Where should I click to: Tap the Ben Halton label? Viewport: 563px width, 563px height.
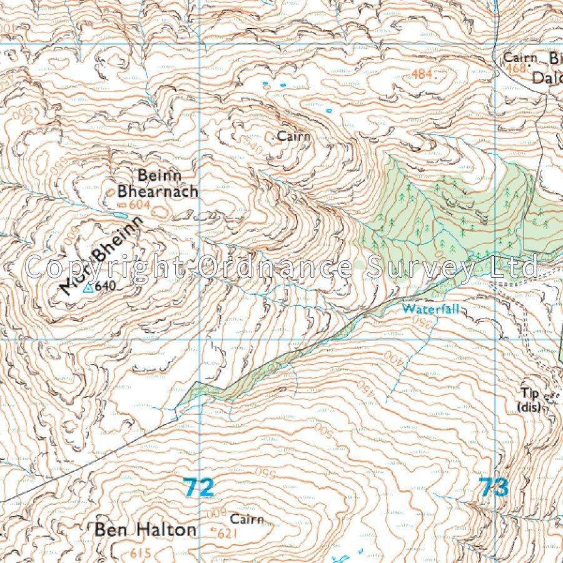(x=145, y=530)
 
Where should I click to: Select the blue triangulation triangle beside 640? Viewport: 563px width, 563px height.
(x=88, y=288)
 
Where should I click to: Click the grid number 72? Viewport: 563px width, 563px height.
(x=199, y=487)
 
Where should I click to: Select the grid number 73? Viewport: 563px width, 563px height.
(x=494, y=487)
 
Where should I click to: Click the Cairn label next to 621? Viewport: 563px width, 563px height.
(x=247, y=519)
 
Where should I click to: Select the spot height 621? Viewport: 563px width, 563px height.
(x=230, y=534)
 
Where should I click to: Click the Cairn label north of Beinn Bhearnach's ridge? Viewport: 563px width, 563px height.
(x=295, y=136)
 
